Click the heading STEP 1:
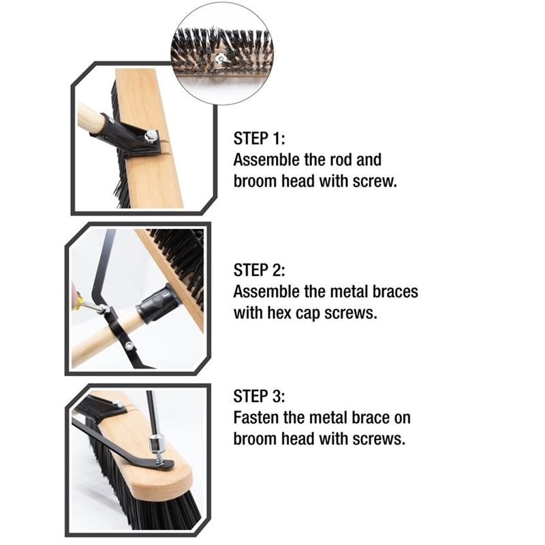tap(260, 138)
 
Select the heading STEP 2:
tap(260, 270)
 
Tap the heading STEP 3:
tap(260, 396)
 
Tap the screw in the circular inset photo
tap(221, 59)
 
